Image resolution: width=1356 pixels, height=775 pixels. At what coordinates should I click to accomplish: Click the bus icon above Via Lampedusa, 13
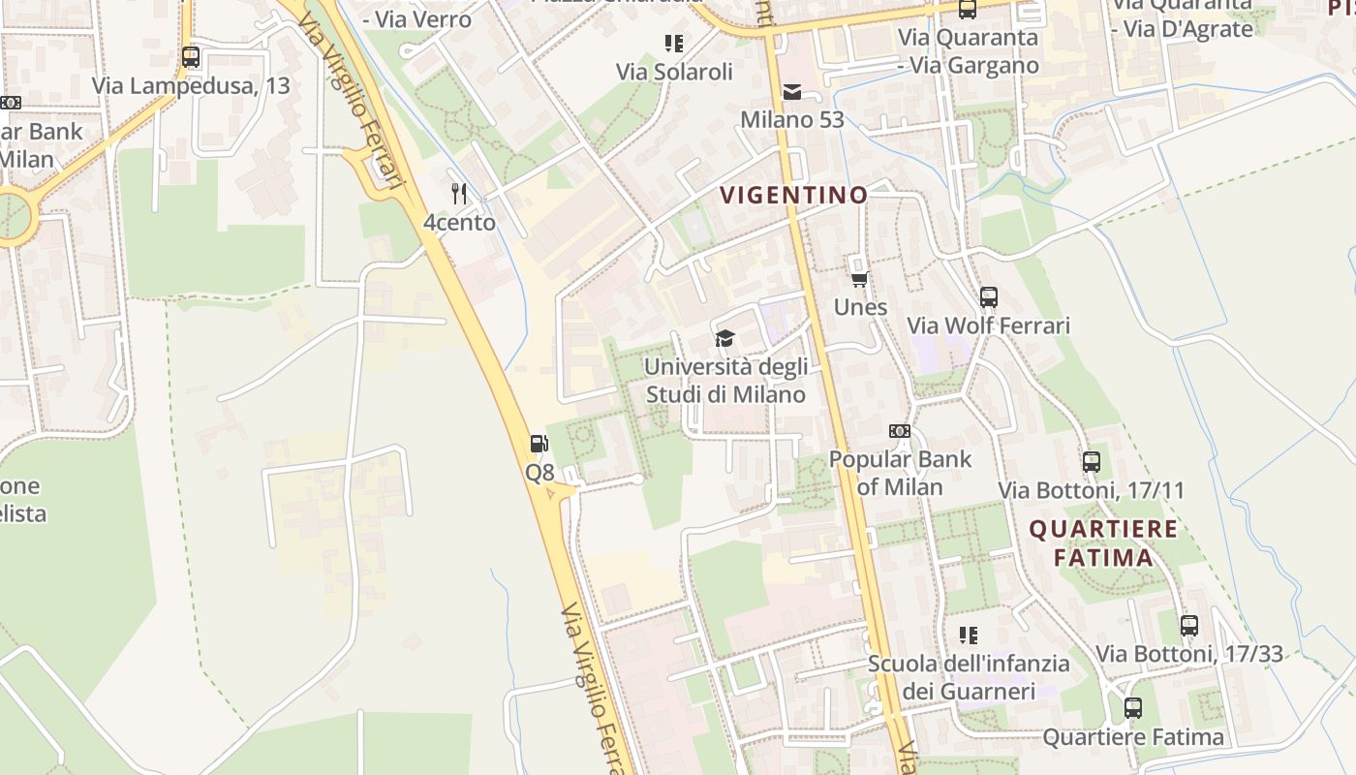click(x=191, y=57)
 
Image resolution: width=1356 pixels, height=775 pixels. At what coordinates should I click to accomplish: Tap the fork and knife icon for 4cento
click(x=459, y=194)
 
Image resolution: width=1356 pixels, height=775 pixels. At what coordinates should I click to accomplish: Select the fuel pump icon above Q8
click(x=539, y=444)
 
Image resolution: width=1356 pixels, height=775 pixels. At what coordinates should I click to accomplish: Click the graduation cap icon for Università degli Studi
click(x=724, y=338)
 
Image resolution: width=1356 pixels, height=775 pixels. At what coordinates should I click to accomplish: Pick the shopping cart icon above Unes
click(x=859, y=279)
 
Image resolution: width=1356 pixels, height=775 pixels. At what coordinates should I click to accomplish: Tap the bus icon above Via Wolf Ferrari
click(x=988, y=297)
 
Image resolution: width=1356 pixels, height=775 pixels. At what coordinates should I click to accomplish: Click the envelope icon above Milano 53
click(x=792, y=92)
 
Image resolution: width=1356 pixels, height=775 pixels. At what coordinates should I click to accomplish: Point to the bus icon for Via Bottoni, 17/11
click(x=1092, y=462)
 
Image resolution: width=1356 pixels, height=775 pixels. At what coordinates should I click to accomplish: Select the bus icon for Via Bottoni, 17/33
click(x=1188, y=626)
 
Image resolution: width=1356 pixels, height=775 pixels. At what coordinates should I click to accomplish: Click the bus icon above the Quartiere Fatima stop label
click(x=1132, y=708)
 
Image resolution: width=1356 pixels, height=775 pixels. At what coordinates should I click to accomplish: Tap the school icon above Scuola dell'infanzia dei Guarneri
click(x=968, y=635)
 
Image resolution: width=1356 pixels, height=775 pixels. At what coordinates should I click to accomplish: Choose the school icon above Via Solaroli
click(x=674, y=44)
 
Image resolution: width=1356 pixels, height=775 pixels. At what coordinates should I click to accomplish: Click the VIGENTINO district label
click(x=794, y=195)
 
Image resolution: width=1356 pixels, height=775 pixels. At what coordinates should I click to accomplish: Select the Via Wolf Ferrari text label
click(x=988, y=325)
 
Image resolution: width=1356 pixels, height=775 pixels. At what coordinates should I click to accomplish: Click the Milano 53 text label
click(x=792, y=120)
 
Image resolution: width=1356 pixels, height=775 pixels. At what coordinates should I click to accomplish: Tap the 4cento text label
click(x=459, y=222)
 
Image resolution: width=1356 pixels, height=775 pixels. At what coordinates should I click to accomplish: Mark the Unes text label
click(x=860, y=307)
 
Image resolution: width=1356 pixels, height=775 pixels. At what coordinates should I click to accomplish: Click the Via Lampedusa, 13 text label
click(x=191, y=85)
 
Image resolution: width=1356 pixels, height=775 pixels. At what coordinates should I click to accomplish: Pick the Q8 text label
click(x=539, y=472)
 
